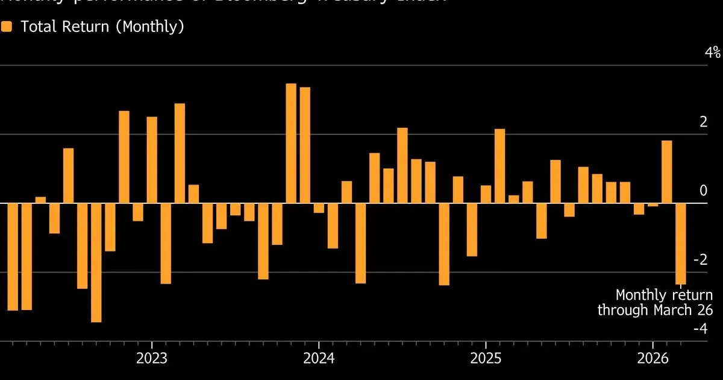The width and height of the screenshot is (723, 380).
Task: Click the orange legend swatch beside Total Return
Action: pos(7,27)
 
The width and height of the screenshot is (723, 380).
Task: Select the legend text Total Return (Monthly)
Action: pos(102,27)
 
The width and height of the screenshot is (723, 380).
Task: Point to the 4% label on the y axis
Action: pos(713,53)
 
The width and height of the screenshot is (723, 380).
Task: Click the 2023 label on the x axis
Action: pos(151,358)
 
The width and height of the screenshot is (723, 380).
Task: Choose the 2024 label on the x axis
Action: pos(319,358)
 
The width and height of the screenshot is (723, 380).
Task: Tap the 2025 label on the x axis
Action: pos(486,358)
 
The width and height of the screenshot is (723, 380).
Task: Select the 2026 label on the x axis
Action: pos(654,358)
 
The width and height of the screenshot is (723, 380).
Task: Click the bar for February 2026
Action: pos(666,172)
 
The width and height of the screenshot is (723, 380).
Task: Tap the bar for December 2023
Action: pos(305,145)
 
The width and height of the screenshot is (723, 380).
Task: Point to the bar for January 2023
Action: pos(152,160)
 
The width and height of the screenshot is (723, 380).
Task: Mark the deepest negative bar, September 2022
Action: pos(96,262)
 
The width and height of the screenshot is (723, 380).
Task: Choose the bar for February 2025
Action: pos(499,166)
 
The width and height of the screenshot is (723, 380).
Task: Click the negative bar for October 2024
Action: pos(444,244)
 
